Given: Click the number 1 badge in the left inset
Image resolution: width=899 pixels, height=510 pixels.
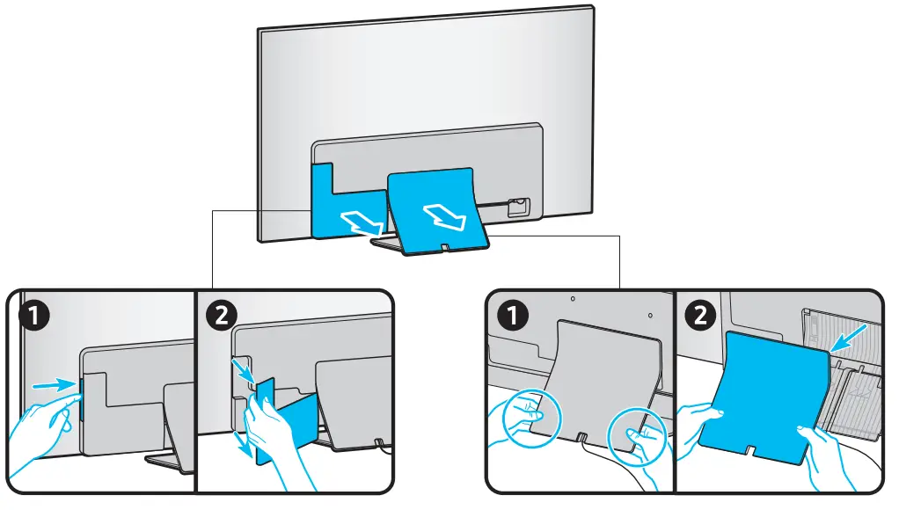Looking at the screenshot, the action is tap(33, 315).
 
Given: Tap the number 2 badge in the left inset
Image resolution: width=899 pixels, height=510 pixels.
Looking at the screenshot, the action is tap(222, 315).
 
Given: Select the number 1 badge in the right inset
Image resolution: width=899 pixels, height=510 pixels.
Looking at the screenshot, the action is tap(513, 315).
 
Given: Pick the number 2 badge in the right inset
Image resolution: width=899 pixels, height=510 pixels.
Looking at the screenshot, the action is tap(700, 315).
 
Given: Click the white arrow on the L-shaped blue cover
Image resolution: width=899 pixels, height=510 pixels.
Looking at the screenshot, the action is tap(362, 223).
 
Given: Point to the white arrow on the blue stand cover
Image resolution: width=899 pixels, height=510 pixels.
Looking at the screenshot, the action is tap(445, 217).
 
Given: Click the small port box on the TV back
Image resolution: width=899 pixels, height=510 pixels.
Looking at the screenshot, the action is tap(518, 207).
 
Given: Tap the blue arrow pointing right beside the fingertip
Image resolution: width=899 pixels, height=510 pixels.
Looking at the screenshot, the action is tap(55, 385).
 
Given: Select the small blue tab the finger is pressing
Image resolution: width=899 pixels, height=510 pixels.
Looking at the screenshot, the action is tap(80, 398).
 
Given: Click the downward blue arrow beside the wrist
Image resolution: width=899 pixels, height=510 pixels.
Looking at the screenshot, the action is tap(244, 443).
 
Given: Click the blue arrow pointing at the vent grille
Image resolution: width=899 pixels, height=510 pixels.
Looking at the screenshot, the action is tap(848, 337).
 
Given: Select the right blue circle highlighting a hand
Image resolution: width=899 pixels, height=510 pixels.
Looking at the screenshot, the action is tap(637, 436).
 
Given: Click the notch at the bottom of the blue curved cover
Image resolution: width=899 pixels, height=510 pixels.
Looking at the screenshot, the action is tap(749, 450).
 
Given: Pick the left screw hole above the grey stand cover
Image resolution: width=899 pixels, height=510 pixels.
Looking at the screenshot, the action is tap(572, 299).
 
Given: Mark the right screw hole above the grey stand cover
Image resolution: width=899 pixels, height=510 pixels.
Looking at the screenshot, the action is tap(649, 315).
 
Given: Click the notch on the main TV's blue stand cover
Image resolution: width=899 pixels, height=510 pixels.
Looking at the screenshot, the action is tap(445, 247).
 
